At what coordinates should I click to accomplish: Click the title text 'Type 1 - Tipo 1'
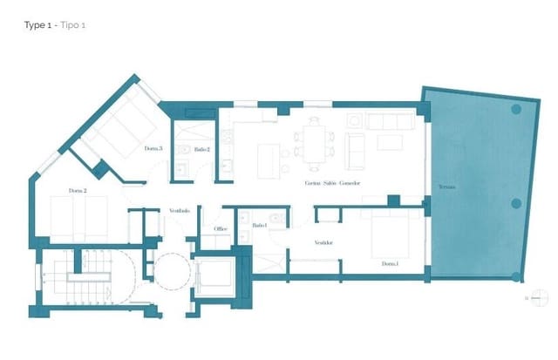click(x=55, y=25)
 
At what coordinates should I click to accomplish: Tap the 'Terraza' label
click(x=446, y=187)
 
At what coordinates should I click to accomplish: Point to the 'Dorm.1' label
click(x=389, y=263)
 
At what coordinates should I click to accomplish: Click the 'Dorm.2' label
click(x=78, y=190)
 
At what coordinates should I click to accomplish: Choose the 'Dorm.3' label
click(x=154, y=149)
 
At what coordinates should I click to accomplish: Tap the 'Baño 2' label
click(x=202, y=150)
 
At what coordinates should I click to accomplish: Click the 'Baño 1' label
click(x=259, y=226)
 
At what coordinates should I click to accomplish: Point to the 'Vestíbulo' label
click(x=180, y=210)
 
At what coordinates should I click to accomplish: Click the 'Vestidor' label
click(x=324, y=242)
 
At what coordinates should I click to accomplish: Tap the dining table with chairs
click(x=312, y=142)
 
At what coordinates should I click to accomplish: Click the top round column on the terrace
click(x=516, y=110)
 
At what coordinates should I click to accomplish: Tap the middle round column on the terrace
click(x=516, y=203)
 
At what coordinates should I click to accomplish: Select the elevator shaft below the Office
click(x=214, y=277)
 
